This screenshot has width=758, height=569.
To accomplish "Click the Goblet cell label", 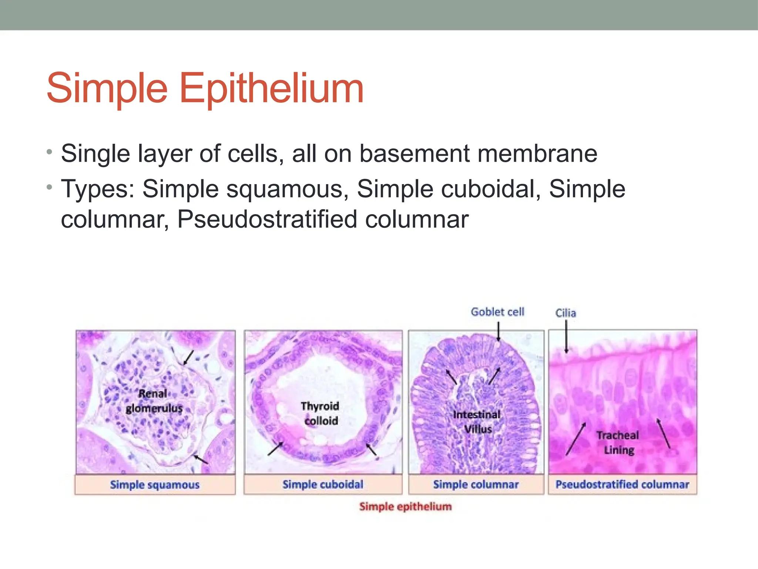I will pyautogui.click(x=497, y=312).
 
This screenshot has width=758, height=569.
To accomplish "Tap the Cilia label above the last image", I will pyautogui.click(x=566, y=313).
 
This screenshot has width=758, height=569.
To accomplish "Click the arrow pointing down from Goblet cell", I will pyautogui.click(x=498, y=331).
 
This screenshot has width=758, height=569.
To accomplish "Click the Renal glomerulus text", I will pyautogui.click(x=154, y=401).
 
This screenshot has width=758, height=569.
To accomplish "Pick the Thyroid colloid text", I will pyautogui.click(x=321, y=413).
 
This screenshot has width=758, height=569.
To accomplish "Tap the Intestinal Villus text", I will pyautogui.click(x=477, y=422).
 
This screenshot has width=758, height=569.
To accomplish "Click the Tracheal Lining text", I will pyautogui.click(x=618, y=443).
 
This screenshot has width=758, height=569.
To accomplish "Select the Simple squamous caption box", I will pyautogui.click(x=155, y=485).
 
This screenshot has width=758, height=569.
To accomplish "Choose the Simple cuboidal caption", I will pyautogui.click(x=323, y=485).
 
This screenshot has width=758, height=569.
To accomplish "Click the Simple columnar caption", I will pyautogui.click(x=476, y=485).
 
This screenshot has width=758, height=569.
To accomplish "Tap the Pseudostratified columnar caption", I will pyautogui.click(x=622, y=485).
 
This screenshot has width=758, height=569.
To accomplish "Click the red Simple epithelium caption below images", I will pyautogui.click(x=405, y=507).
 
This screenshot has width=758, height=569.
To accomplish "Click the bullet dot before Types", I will pyautogui.click(x=50, y=187).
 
